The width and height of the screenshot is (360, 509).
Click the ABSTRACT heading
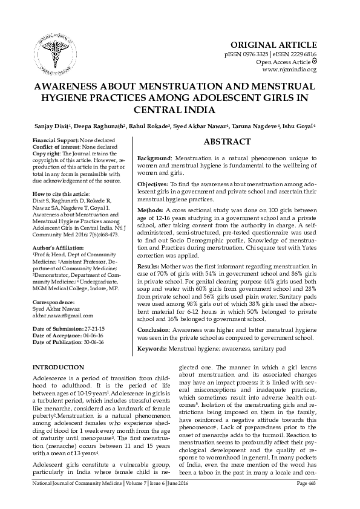pos(228,141)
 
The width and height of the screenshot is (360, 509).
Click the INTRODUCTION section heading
pos(58,368)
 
